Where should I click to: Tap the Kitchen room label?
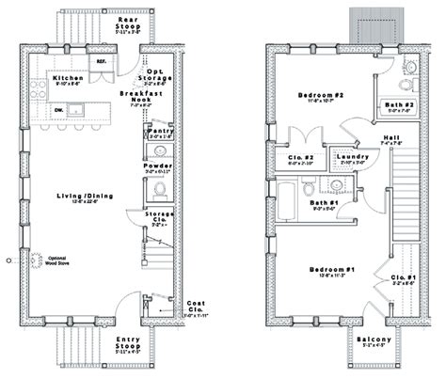point(69,78)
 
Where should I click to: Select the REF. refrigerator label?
point(103,62)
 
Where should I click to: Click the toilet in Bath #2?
point(409,68)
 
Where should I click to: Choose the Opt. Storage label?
point(157,72)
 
